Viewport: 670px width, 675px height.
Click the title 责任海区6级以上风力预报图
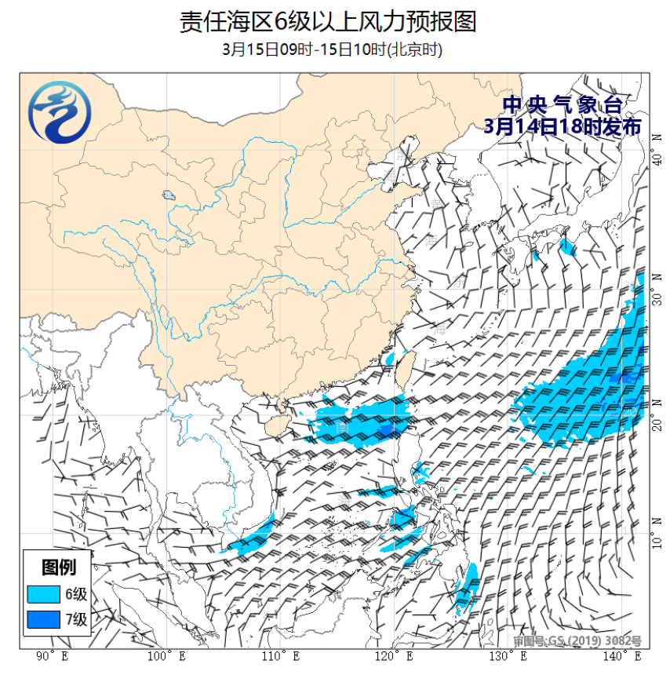[x=328, y=21]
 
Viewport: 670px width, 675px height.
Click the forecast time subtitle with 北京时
[x=333, y=49]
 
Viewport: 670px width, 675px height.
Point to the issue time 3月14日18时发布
[x=563, y=126]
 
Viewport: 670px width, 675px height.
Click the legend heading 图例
[x=59, y=567]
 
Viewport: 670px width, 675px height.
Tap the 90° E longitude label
[x=53, y=656]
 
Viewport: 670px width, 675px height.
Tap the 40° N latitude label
[x=657, y=149]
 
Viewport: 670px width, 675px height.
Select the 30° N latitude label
[x=657, y=287]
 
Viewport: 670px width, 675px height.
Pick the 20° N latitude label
[x=657, y=418]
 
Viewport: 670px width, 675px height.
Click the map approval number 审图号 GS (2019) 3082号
[x=578, y=641]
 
